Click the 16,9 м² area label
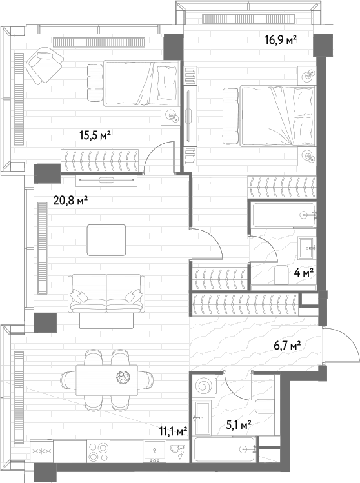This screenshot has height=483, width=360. click(281, 39)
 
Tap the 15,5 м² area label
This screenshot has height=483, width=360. click(95, 135)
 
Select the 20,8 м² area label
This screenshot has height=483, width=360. click(71, 201)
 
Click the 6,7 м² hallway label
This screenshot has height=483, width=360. click(287, 346)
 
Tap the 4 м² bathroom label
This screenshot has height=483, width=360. click(304, 272)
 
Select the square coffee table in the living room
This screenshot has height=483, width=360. click(106, 240)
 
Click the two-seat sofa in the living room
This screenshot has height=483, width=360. click(106, 293)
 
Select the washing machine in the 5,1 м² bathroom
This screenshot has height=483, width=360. click(204, 386)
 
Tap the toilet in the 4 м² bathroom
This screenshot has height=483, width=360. click(281, 275)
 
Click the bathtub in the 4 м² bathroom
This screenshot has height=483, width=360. click(283, 215)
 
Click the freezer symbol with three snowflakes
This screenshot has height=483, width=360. click(41, 451)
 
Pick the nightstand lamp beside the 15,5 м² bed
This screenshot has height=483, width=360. click(171, 116)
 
